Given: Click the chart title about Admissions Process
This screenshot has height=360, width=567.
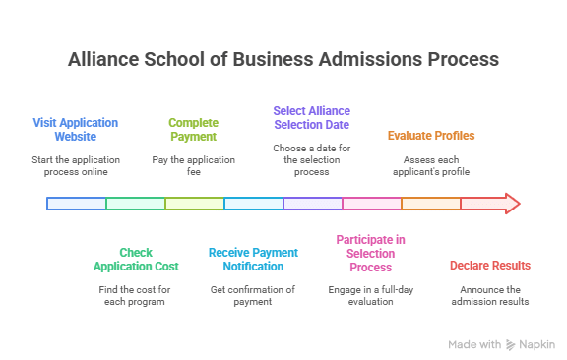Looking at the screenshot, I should pos(283,59).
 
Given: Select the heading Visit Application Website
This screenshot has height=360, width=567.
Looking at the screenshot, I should pos(76,130).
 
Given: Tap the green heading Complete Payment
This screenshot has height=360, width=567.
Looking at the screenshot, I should pos(193,130).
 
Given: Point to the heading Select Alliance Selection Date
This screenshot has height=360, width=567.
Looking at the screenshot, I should pos(311,118).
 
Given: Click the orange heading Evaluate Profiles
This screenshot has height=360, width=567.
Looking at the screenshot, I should pos(430,136).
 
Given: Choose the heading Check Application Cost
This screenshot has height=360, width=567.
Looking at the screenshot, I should pos(136,260).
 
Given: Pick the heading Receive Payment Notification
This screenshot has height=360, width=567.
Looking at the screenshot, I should pos(253,260).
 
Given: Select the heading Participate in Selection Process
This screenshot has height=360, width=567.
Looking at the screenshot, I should pos(370,253).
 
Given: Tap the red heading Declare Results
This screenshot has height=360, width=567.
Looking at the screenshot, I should pos(489,266).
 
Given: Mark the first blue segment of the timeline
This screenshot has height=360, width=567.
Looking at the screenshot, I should pos(77,204).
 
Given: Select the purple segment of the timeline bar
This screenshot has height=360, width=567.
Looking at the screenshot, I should pos(313,204).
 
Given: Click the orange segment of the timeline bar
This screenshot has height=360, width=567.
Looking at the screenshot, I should pos(431,204).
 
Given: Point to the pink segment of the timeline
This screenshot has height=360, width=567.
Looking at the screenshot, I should pos(372,204).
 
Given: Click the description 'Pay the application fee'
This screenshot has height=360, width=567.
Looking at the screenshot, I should pos(193,165).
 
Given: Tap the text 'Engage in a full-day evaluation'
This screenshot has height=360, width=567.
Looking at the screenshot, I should pos(370,295).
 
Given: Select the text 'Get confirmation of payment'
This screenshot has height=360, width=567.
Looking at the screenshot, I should pos(253,295).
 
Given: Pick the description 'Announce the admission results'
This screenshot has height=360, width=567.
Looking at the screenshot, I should pos(489,295).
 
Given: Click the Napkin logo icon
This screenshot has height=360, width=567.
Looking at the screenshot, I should pos(510,345).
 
